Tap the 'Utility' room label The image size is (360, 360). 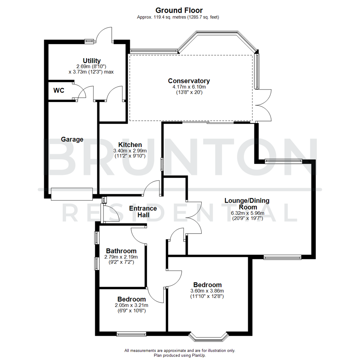tap(92, 61)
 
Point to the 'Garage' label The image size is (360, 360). tap(72, 139)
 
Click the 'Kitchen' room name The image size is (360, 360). tap(130, 145)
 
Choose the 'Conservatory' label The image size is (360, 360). tap(189, 81)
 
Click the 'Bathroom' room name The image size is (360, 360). tap(121, 251)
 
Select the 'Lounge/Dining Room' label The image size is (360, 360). tap(247, 204)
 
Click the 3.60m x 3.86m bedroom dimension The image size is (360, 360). tap(207, 291)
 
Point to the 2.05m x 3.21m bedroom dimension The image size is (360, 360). tap(131, 305)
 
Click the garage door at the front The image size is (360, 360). tap(72, 194)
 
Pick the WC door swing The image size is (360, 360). tap(79, 91)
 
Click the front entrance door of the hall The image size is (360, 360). tap(110, 213)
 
